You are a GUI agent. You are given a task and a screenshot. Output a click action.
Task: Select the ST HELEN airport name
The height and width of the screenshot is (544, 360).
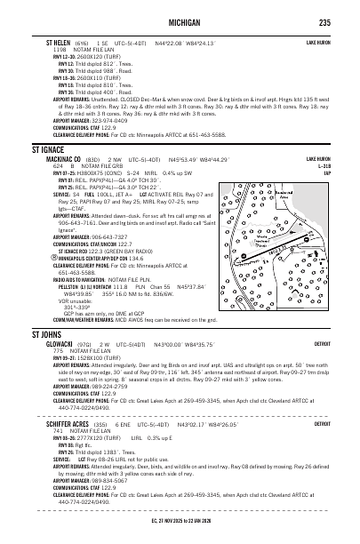tap(49, 42)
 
